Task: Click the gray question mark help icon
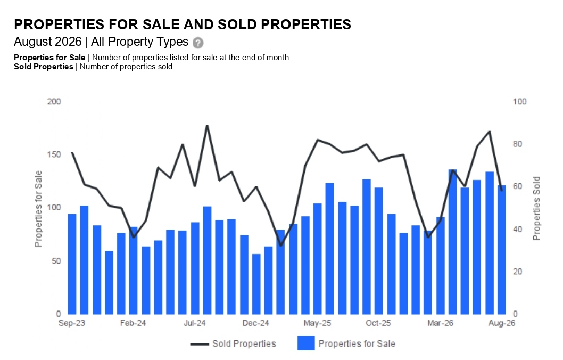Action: pos(198,43)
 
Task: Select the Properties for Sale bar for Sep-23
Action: pos(72,264)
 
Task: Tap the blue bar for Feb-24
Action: pos(134,271)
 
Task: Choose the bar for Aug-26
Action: pos(502,250)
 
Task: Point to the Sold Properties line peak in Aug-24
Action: pos(207,126)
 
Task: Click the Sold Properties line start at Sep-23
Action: pos(72,153)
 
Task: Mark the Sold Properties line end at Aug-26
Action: pos(502,190)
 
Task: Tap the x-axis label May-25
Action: pos(317,323)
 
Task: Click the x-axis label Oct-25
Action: pos(378,323)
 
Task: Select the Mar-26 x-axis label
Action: pos(440,323)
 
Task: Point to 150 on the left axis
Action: pos(54,154)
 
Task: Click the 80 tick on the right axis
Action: pos(517,144)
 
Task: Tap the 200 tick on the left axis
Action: pos(54,102)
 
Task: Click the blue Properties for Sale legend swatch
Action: pos(306,343)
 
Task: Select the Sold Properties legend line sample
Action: pos(200,344)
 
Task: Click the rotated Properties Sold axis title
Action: pos(536,208)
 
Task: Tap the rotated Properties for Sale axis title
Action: pos(38,209)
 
